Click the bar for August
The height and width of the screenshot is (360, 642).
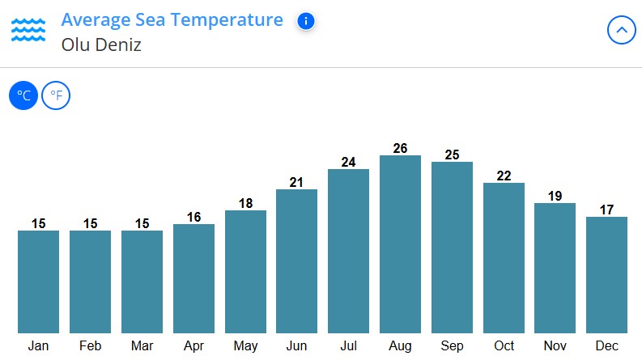pyautogui.click(x=400, y=244)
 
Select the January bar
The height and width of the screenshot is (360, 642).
pyautogui.click(x=38, y=282)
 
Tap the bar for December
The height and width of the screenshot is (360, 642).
pyautogui.click(x=606, y=274)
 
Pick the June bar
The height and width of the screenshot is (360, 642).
pyautogui.click(x=296, y=260)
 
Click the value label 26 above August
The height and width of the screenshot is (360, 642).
pyautogui.click(x=400, y=148)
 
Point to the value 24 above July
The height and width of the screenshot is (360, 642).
pyautogui.click(x=348, y=162)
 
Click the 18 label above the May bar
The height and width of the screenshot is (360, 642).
pyautogui.click(x=245, y=203)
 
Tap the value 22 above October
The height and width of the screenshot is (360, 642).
pyautogui.click(x=504, y=176)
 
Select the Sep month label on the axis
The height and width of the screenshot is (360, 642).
pyautogui.click(x=452, y=346)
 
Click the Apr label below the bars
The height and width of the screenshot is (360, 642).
pyautogui.click(x=193, y=346)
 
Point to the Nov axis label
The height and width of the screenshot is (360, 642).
pyautogui.click(x=555, y=346)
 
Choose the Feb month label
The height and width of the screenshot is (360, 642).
pyautogui.click(x=90, y=346)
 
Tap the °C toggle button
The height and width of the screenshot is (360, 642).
pyautogui.click(x=23, y=96)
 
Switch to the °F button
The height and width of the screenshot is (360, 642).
pyautogui.click(x=56, y=96)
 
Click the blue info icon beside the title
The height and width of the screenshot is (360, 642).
pyautogui.click(x=305, y=21)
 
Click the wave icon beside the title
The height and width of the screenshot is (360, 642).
pyautogui.click(x=28, y=30)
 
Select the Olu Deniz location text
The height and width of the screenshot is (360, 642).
pyautogui.click(x=101, y=45)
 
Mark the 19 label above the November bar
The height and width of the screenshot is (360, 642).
pyautogui.click(x=555, y=196)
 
